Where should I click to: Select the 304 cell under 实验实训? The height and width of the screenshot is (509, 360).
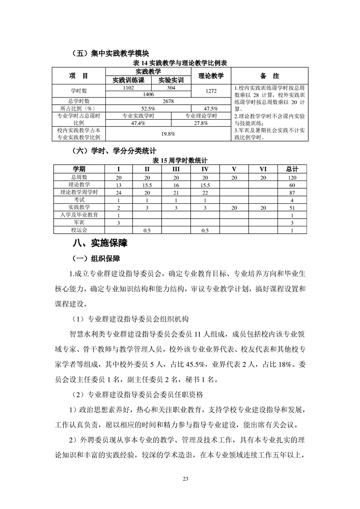tap(171, 88)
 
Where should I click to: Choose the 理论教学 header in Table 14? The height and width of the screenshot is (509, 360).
tap(211, 75)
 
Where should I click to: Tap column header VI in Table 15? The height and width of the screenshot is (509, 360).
tap(263, 169)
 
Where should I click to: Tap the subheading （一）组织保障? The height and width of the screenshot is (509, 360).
tap(97, 259)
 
